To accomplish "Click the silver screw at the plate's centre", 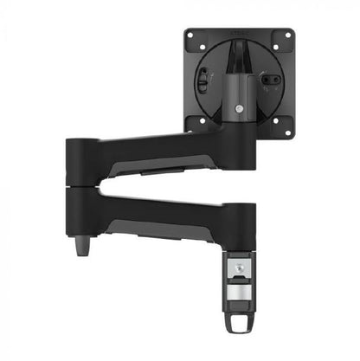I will (238, 109).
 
